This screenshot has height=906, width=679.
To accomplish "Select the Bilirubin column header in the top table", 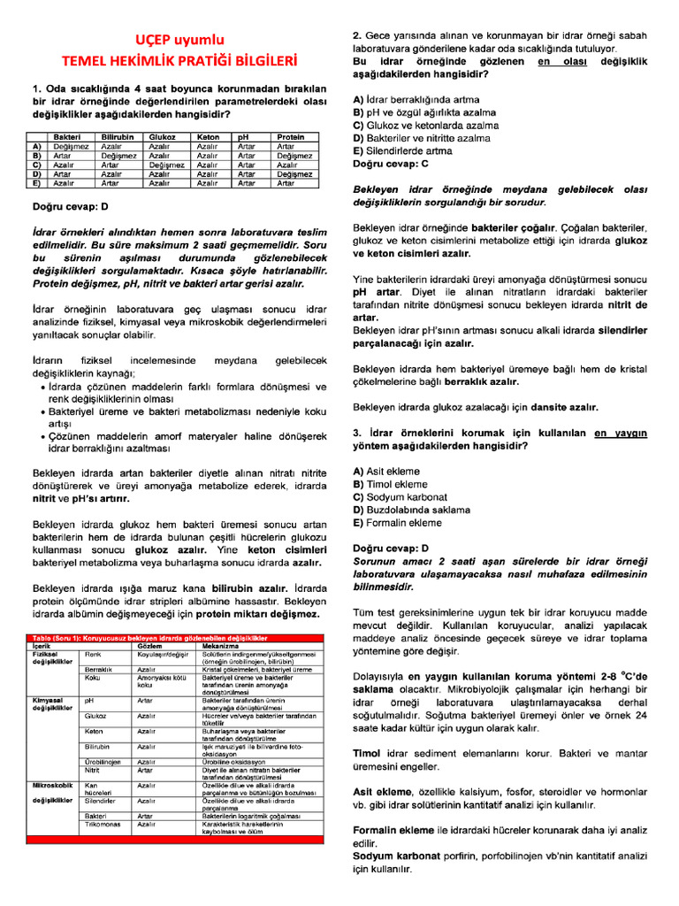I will coord(117,138).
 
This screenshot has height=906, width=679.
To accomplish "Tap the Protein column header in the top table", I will coord(291,138).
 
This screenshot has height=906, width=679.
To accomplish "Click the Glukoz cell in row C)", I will coord(166,165).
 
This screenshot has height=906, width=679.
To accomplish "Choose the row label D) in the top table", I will coord(36,174).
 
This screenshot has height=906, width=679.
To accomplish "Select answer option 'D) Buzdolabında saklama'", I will coord(411,510).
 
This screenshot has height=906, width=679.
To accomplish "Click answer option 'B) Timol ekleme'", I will coord(390,485).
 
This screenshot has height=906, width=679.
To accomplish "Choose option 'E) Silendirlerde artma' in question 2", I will coord(402,151).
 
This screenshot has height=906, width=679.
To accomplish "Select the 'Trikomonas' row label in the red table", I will coord(100,823).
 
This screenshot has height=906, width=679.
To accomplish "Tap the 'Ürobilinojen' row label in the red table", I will coord(102,761).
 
